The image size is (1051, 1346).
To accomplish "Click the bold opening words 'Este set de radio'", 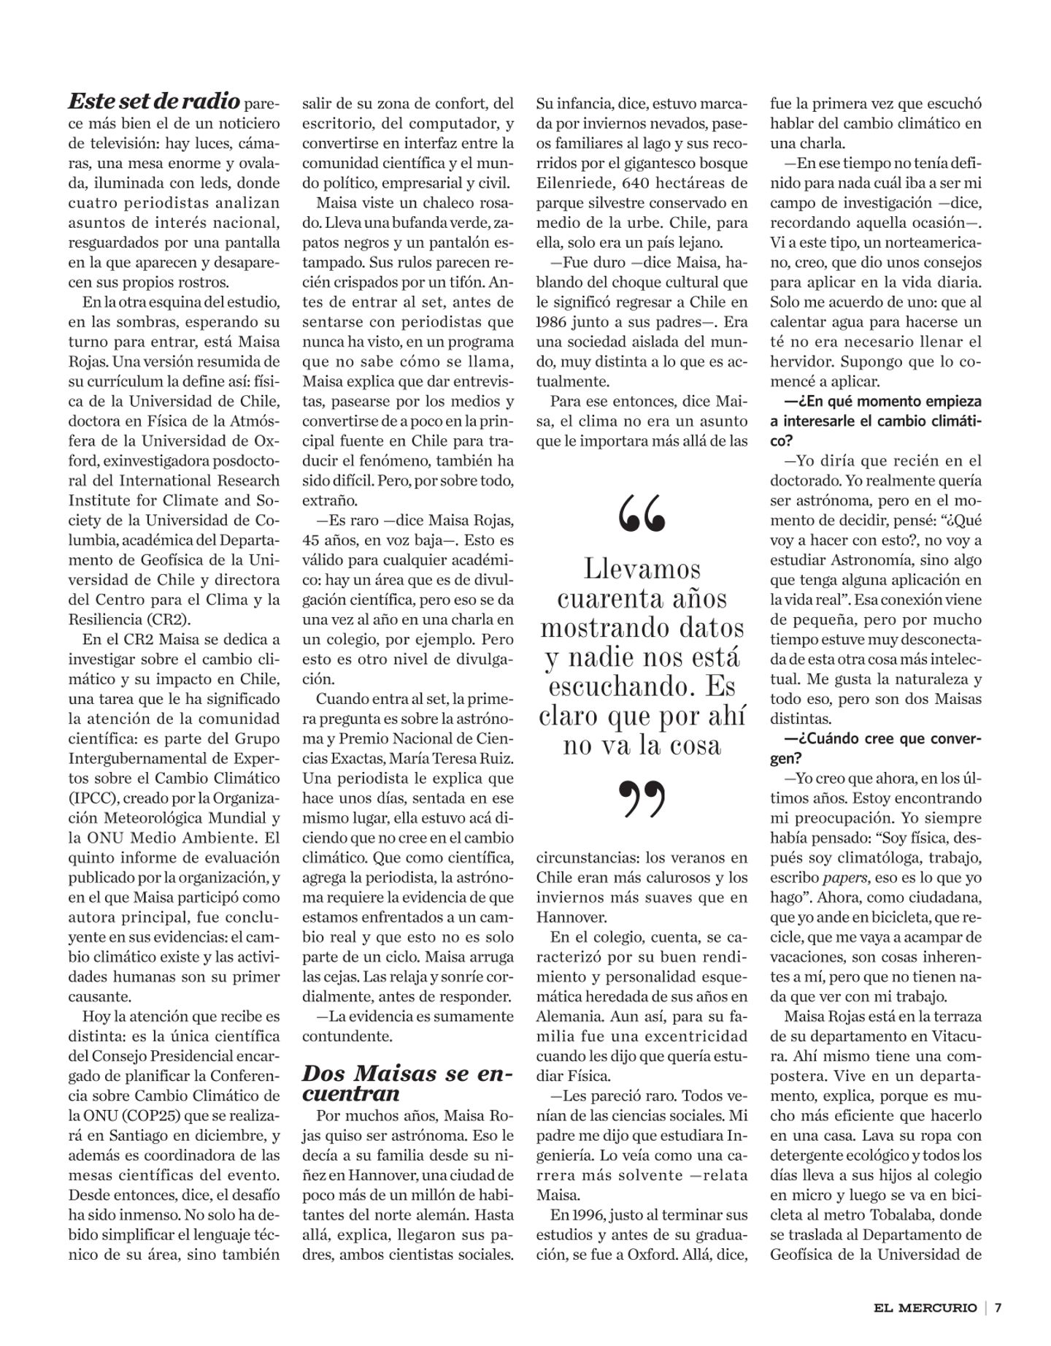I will click(x=154, y=100).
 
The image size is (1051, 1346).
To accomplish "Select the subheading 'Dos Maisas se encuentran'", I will click(x=407, y=1083).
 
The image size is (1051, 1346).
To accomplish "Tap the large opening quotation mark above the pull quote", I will click(x=642, y=513).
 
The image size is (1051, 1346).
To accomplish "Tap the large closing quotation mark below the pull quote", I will click(x=642, y=799).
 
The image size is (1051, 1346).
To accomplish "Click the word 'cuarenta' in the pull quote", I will click(x=642, y=599).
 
